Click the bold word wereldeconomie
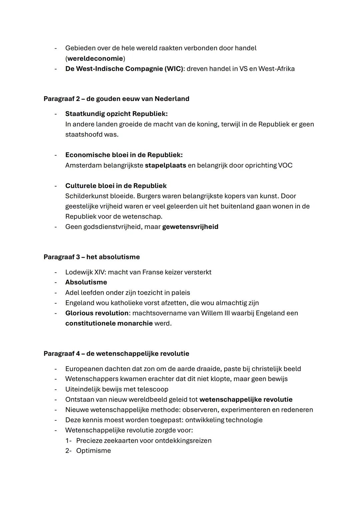(95, 59)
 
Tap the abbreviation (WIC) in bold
(174, 69)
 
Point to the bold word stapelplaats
(165, 166)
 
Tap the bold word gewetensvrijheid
(190, 227)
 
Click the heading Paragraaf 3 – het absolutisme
(92, 257)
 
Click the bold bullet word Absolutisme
(86, 282)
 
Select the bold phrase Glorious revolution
(97, 313)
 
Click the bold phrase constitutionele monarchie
(109, 324)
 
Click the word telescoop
(153, 389)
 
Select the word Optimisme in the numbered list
(93, 451)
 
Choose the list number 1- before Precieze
(69, 441)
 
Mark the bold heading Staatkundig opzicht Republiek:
(116, 114)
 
